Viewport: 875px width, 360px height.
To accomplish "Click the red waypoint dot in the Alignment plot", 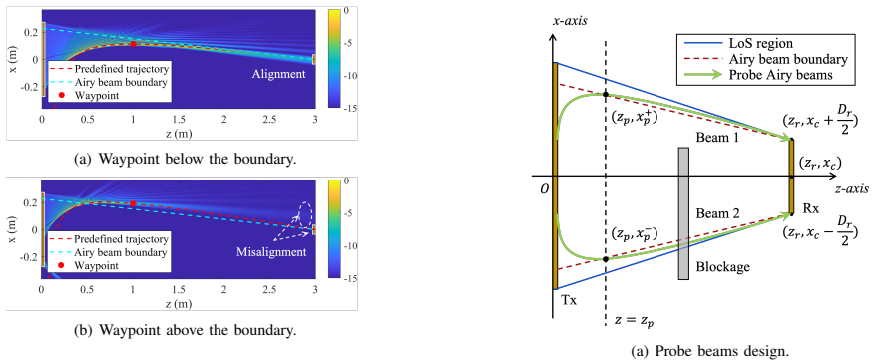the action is point(133,44).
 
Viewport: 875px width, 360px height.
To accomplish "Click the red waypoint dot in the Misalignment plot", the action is point(133,204).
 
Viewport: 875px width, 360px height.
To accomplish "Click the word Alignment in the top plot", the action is point(278,74).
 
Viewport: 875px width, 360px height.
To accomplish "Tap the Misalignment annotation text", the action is point(271,252).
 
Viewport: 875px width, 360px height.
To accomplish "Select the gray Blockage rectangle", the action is point(684,212).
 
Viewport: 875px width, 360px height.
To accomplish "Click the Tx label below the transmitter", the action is point(569,301).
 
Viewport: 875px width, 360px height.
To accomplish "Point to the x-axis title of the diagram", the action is point(569,22).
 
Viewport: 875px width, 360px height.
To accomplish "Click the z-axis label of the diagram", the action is point(852,189).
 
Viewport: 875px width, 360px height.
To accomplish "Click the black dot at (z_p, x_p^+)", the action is point(606,95).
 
